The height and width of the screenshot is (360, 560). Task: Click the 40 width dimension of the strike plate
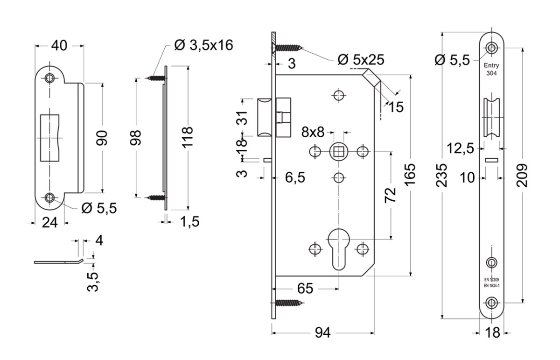[x=59, y=46]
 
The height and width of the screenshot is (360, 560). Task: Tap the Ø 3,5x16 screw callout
[x=203, y=45]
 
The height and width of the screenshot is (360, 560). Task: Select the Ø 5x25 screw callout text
[x=361, y=60]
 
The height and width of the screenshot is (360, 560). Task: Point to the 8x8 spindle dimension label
[x=313, y=132]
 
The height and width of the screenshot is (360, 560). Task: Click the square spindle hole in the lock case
[x=339, y=152]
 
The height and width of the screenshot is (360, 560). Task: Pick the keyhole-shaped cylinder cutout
[x=339, y=249]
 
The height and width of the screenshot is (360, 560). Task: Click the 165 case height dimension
[x=410, y=175]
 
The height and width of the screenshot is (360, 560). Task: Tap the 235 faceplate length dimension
[x=441, y=176]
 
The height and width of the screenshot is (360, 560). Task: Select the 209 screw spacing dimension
[x=522, y=175]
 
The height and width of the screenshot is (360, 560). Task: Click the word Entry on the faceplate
[x=491, y=65]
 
